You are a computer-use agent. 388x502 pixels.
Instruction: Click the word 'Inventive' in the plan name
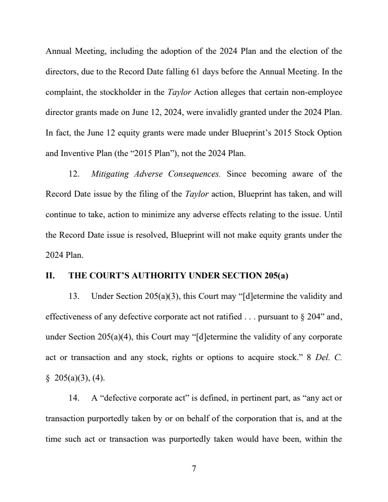[x=76, y=153]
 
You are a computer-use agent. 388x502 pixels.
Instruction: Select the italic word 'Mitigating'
[x=110, y=174]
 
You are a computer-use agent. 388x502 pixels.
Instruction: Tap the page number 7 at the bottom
[x=194, y=469]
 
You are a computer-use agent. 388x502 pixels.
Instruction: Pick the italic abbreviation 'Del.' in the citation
[x=321, y=357]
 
